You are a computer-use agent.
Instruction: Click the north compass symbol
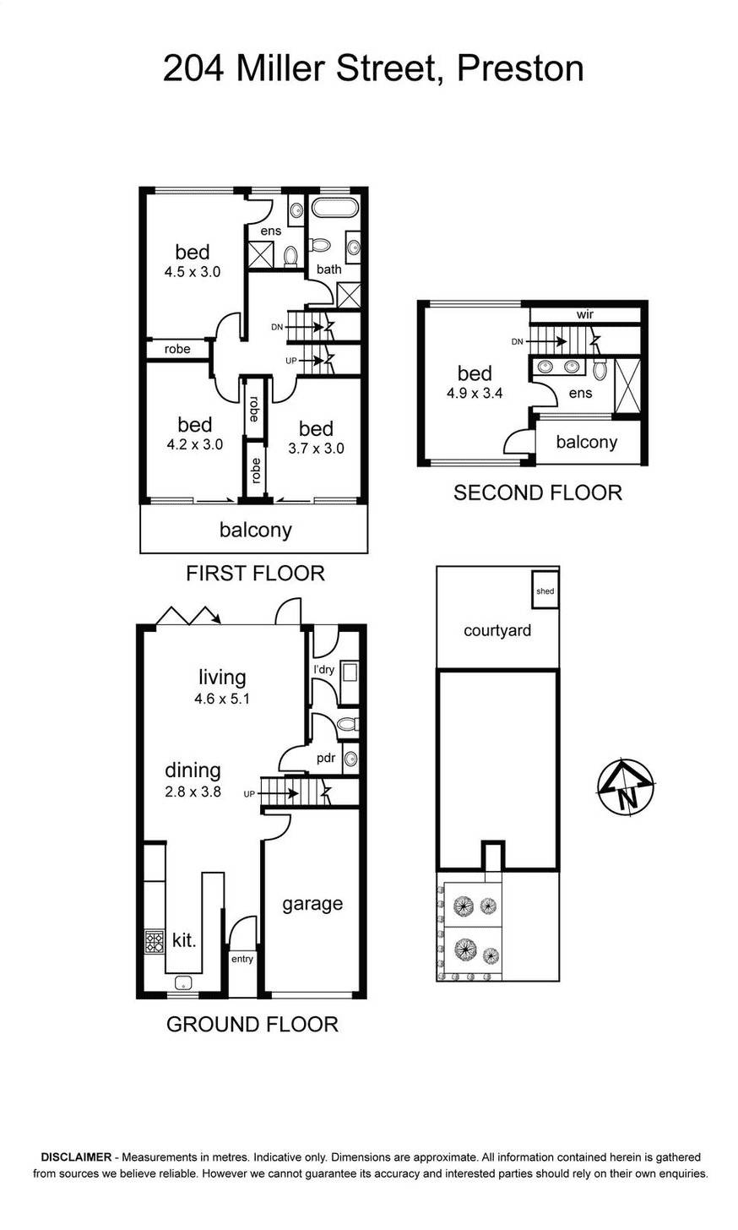(x=626, y=787)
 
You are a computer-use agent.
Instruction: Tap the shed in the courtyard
(x=545, y=591)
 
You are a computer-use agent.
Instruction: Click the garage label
(x=312, y=903)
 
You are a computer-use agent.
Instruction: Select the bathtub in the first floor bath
(x=335, y=209)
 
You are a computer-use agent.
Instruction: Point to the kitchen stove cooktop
(x=155, y=941)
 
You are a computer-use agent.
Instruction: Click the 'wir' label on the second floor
(x=585, y=314)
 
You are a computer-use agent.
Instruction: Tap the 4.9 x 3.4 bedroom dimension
(x=475, y=392)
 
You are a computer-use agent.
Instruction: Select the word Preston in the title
(x=519, y=68)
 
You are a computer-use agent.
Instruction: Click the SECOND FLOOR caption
(x=537, y=493)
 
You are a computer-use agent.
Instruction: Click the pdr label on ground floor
(x=326, y=758)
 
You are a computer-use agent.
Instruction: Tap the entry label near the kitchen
(x=242, y=959)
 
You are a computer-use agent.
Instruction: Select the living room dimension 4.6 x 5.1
(x=222, y=699)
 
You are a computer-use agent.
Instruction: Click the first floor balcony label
(x=255, y=530)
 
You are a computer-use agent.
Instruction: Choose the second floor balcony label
(x=586, y=442)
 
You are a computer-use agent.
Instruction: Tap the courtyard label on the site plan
(x=497, y=630)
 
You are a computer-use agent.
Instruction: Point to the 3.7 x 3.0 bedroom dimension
(x=316, y=449)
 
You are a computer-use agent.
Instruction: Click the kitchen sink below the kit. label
(x=183, y=982)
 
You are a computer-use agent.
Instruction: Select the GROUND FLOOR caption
(x=252, y=1024)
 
